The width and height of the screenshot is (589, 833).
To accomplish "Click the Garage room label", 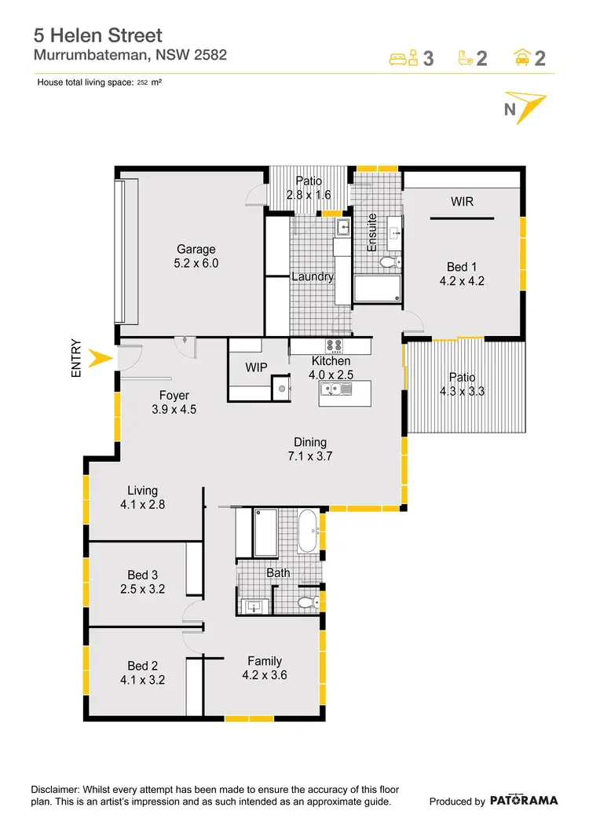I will pos(196,250).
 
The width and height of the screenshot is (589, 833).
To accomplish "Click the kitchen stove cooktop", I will pos(333,345).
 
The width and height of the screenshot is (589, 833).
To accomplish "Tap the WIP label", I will pos(257,367).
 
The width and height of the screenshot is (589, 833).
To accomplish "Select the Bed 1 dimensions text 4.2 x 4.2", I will pos(463,281).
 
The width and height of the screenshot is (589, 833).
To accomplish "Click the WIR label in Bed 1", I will pos(461,202).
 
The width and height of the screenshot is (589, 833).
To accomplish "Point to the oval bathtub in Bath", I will pos(308,532).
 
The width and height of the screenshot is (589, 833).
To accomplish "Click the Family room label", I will pos(265,660).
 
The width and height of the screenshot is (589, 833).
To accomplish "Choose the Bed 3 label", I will pos(143,575).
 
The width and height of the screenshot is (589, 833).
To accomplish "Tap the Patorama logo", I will pos(524,800).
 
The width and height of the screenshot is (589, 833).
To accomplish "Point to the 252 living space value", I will pos(142,82).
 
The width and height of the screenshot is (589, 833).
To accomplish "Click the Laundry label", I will pos(313,276).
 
